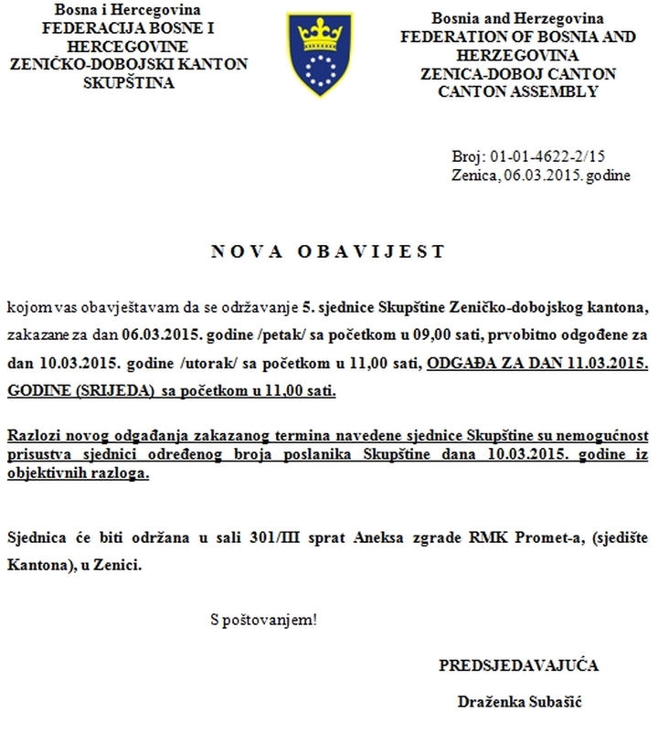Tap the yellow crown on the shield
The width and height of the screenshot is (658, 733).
pyautogui.click(x=320, y=37)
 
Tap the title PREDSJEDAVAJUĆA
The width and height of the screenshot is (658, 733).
pyautogui.click(x=519, y=664)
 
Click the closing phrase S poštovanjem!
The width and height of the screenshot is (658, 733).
pyautogui.click(x=263, y=620)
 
